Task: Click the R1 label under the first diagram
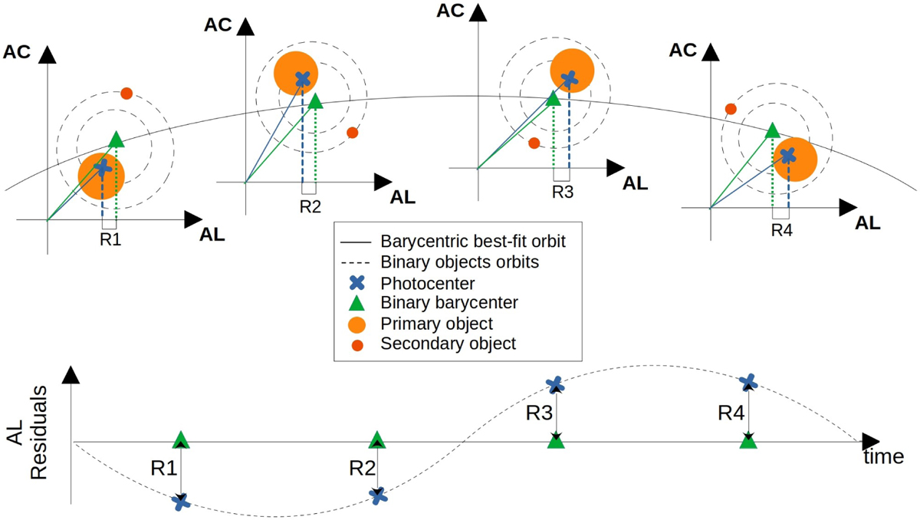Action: (x=110, y=239)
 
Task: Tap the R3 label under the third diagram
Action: (x=563, y=191)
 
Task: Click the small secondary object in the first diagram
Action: (x=127, y=94)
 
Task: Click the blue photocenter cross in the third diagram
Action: (x=568, y=78)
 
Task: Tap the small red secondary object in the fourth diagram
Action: (x=731, y=110)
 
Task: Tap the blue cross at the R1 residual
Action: (x=180, y=502)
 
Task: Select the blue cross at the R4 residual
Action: (x=749, y=381)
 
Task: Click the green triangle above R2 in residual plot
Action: (x=376, y=439)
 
